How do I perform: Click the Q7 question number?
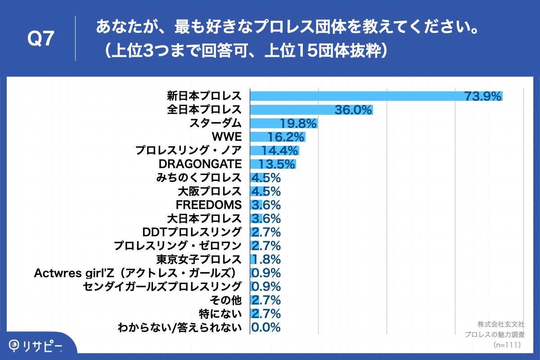click(x=41, y=39)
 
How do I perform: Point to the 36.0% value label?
click(x=354, y=110)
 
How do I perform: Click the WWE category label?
click(x=226, y=137)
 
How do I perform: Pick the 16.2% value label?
click(x=286, y=137)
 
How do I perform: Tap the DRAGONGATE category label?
click(x=200, y=164)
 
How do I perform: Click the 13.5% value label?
click(x=277, y=164)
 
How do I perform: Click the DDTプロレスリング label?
click(x=192, y=232)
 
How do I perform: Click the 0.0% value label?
click(x=266, y=327)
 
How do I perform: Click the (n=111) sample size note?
click(x=507, y=345)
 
